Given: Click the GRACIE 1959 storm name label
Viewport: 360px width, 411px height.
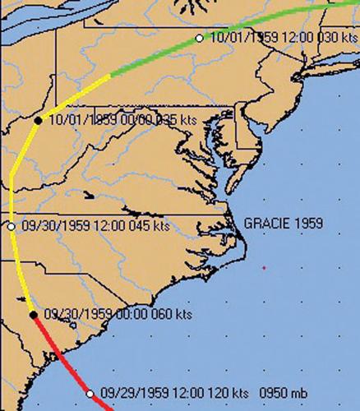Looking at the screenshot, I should click(x=283, y=223).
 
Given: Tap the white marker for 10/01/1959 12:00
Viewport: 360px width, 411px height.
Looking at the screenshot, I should click(x=199, y=38).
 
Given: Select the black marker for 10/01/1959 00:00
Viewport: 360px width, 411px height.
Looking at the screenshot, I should click(x=38, y=120).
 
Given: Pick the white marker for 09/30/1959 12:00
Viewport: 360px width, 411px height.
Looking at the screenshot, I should click(x=12, y=226).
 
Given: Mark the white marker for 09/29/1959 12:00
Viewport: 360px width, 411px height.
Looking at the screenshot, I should click(x=90, y=394).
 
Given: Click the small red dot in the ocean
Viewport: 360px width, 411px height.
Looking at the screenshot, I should click(x=264, y=268).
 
